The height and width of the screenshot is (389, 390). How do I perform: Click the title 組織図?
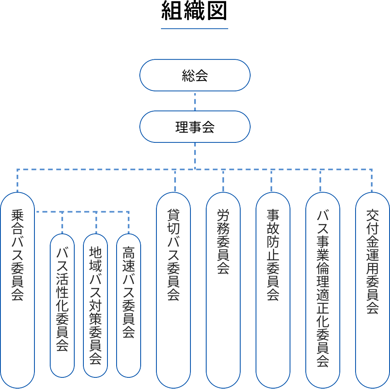195,12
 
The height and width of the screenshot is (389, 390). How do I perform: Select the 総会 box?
195,75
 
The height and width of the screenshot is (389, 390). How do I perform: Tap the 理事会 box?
195,127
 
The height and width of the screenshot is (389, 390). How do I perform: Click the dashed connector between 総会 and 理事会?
195,101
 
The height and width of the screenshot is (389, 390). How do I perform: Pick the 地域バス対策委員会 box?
95,305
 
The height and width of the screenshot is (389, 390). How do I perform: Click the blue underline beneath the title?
195,29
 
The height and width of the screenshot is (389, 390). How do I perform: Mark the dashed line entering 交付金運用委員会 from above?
372,181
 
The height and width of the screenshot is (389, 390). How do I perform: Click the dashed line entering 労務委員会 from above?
223,181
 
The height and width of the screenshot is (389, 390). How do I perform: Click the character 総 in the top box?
188,76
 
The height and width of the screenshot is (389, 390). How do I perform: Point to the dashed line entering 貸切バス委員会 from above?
175,181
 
